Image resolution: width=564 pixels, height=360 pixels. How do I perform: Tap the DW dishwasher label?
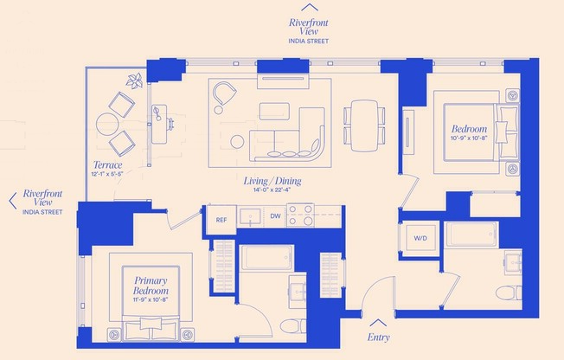[275, 216]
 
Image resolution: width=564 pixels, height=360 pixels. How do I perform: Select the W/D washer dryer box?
[420, 238]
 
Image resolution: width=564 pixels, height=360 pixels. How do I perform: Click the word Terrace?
[107, 164]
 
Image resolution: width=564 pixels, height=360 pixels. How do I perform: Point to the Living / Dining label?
[271, 182]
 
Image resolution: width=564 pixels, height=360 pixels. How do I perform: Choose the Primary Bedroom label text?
[150, 286]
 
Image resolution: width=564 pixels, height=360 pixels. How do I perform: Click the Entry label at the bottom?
[378, 337]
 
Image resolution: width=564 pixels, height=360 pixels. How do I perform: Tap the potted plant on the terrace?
[134, 82]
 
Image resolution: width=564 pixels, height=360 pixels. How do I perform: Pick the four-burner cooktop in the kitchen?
[300, 215]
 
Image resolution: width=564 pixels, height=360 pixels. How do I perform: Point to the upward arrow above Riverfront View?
[308, 7]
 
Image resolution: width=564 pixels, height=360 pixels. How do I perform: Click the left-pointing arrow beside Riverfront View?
[11, 201]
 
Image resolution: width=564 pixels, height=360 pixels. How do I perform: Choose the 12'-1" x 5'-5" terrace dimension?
[107, 174]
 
